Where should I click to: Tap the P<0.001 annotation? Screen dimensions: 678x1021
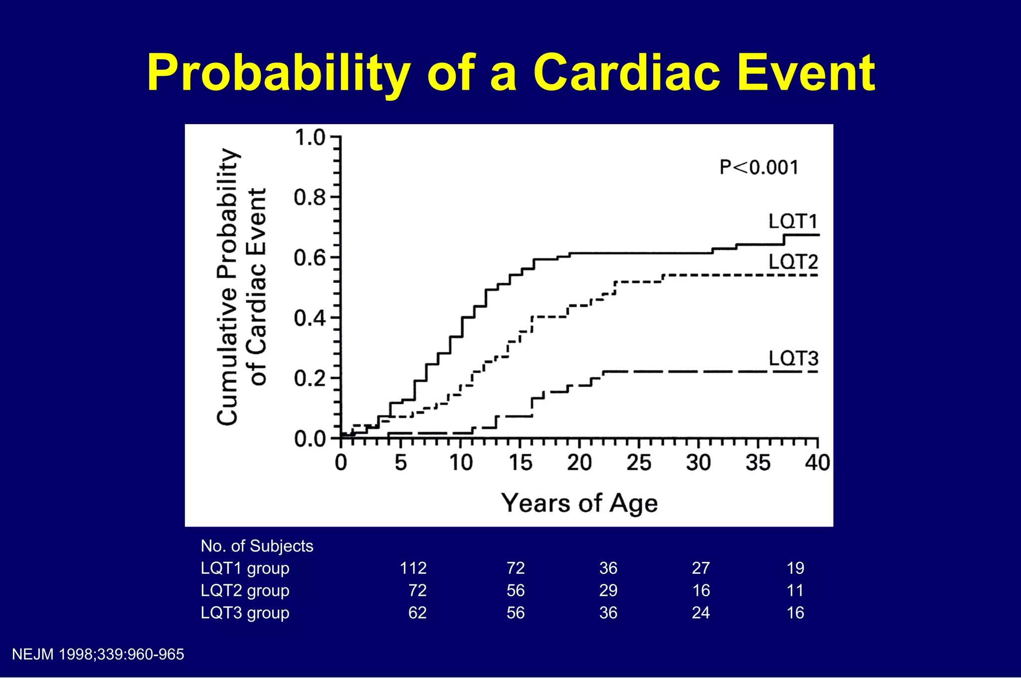[x=759, y=168]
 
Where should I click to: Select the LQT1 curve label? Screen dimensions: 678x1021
[x=793, y=221]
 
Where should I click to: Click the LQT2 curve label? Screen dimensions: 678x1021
[x=793, y=262]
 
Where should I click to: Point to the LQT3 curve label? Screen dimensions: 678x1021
[x=793, y=358]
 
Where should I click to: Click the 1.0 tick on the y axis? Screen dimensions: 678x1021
[x=310, y=138]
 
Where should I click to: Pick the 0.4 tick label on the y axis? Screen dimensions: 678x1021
[x=310, y=318]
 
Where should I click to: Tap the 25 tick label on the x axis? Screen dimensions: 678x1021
[x=639, y=463]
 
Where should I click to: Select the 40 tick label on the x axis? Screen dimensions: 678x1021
[x=817, y=463]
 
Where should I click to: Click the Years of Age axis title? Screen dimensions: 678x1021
[x=579, y=503]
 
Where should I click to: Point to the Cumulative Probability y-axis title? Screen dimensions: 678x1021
[x=228, y=287]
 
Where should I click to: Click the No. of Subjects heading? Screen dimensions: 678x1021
[x=257, y=546]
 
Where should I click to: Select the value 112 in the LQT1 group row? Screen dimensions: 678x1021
[x=413, y=568]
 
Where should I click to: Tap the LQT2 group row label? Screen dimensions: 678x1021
[x=245, y=591]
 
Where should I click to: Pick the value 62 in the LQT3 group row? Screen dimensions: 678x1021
[x=417, y=613]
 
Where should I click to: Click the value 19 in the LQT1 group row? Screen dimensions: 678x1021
[x=795, y=568]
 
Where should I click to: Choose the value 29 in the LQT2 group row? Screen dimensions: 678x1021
[x=608, y=591]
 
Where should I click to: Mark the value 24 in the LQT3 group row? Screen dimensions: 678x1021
[x=700, y=613]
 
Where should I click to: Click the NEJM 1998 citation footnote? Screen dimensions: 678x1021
[x=98, y=655]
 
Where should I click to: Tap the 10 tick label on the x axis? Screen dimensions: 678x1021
[x=461, y=463]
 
